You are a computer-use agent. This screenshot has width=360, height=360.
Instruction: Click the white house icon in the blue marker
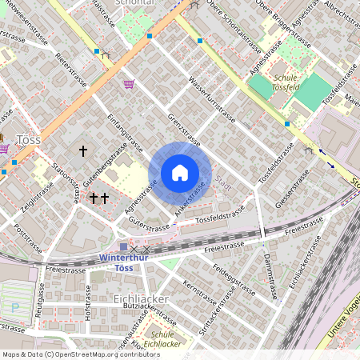pyautogui.click(x=180, y=173)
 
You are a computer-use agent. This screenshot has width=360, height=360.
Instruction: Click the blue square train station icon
pyautogui.click(x=122, y=248)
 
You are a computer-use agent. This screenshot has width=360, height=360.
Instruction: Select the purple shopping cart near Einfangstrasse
pyautogui.click(x=129, y=83)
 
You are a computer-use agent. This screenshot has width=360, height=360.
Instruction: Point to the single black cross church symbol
pyautogui.click(x=82, y=150)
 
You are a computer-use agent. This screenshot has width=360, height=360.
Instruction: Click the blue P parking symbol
pyautogui.click(x=14, y=306)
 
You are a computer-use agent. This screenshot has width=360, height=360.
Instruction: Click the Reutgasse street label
pyautogui.click(x=38, y=306)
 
